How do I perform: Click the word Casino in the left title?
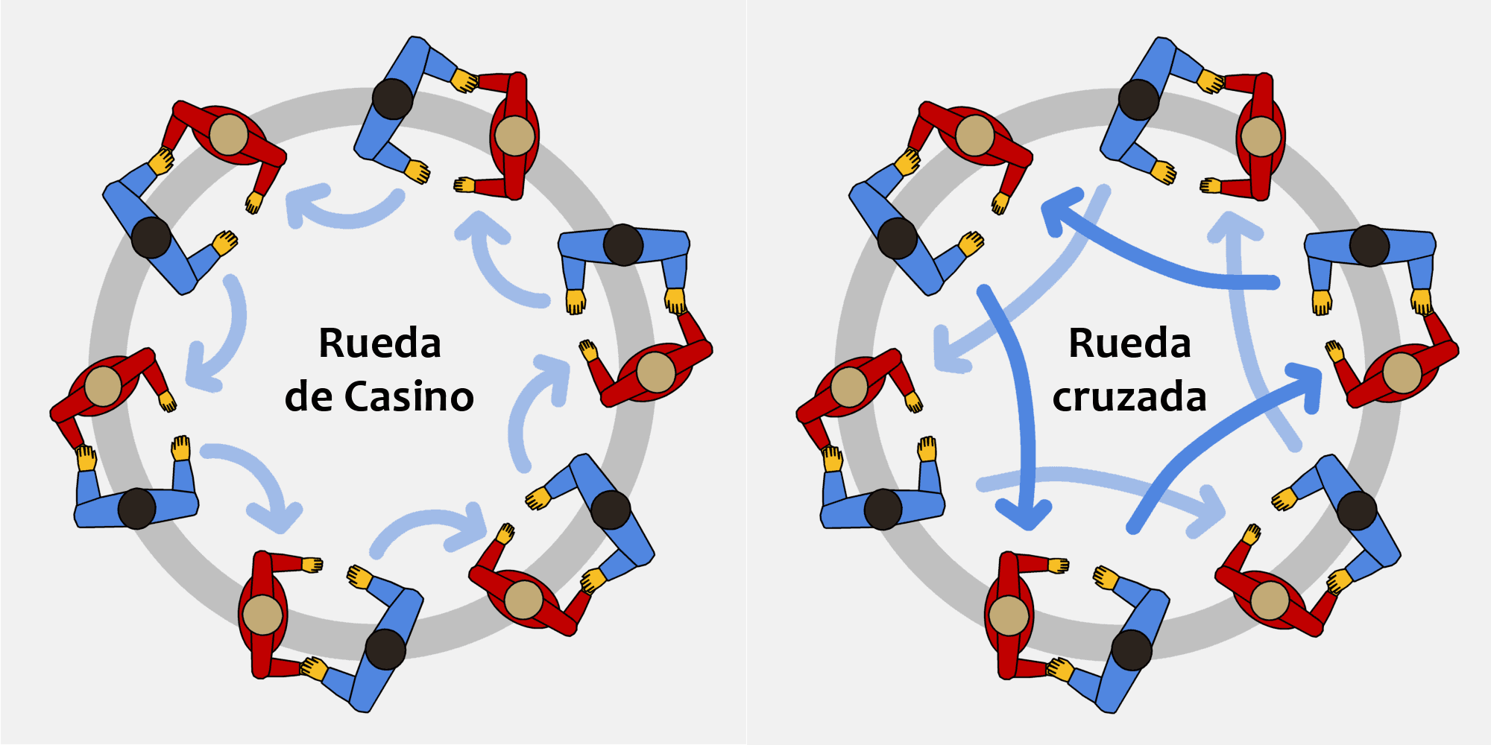click(x=409, y=396)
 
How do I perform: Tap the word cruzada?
click(x=1129, y=397)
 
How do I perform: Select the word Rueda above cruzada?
click(x=1129, y=343)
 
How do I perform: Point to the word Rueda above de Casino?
click(x=379, y=343)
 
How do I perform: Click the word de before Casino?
click(x=308, y=396)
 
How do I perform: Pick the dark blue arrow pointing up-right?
click(x=1223, y=432)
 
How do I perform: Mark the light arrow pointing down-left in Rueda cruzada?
click(x=1021, y=298)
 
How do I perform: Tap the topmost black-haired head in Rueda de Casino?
click(x=392, y=98)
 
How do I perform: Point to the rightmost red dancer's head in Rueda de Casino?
click(x=655, y=372)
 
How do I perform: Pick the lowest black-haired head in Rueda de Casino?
click(x=385, y=649)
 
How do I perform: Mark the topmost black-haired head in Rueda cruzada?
click(x=1138, y=99)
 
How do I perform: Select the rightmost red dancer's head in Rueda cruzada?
click(x=1402, y=372)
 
